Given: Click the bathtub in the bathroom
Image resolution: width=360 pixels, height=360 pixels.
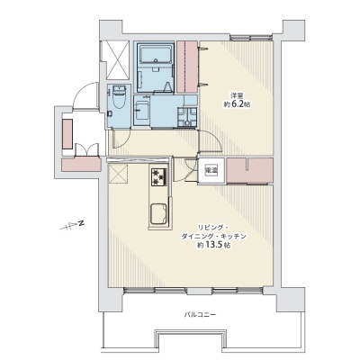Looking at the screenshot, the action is coord(156,55).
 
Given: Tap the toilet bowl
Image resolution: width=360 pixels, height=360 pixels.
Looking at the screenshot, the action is coord(120,96).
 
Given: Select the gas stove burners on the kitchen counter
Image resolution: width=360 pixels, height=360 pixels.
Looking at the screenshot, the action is coord(159,177).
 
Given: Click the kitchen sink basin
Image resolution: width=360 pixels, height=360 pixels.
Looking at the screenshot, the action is coord(158,213).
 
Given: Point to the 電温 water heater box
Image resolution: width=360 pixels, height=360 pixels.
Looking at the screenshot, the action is coord(211,170).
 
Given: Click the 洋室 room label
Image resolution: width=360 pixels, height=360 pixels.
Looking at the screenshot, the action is coord(237,96).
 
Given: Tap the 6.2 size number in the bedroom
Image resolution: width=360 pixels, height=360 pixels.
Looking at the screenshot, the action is coord(237,104).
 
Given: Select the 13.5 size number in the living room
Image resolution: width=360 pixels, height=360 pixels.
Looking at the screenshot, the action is coord(216,245).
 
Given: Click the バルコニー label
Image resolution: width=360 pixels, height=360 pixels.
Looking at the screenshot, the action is coord(200,315).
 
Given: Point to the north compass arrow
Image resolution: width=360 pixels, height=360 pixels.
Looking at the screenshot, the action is coord(72,226).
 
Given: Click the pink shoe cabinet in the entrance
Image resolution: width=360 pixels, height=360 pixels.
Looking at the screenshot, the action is coord(67,134).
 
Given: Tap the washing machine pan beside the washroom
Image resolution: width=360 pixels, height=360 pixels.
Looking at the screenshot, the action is coord(187,117).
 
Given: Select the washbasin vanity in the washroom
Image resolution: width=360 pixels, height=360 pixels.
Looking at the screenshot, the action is coord(141,111).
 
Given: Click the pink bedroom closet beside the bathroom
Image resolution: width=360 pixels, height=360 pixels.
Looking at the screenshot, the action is coord(186,67).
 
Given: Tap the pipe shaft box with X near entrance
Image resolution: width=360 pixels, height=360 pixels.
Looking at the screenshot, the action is coord(115,59).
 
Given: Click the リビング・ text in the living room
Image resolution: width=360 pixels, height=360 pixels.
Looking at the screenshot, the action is coord(210,227).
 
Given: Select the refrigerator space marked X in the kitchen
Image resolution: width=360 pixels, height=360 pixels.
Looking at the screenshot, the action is coord(118,173).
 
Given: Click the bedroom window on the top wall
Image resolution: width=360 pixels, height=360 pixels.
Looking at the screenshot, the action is coord(251,38).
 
